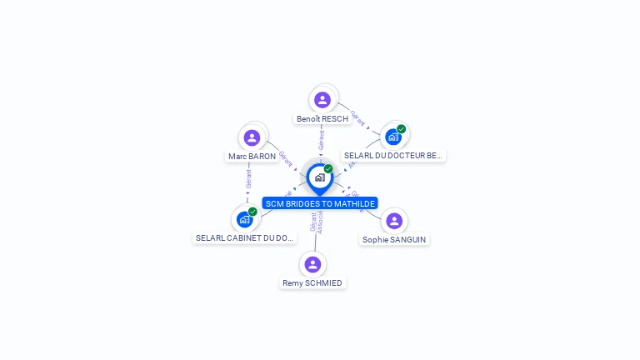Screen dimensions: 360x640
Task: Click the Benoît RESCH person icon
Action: coord(322,100)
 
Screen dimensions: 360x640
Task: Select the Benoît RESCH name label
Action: coord(322,119)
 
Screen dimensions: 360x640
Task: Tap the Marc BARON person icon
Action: coord(252,137)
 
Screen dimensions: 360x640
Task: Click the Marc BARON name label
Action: coord(252,157)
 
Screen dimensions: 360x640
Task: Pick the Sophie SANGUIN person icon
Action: coord(394,221)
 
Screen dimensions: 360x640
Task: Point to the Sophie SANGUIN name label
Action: coord(394,240)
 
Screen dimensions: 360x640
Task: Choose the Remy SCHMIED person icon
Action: coord(312,264)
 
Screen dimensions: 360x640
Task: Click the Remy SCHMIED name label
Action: coord(312,283)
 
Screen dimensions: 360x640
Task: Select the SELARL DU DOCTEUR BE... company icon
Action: coord(392,137)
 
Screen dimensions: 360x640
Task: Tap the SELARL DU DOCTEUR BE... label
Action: coord(393,156)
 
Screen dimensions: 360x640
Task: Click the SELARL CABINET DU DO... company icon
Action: coord(244,219)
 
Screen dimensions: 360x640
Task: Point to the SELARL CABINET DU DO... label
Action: coord(245,238)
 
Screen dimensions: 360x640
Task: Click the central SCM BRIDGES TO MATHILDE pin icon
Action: coord(319,177)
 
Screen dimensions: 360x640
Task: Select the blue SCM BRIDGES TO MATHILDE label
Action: coord(320,203)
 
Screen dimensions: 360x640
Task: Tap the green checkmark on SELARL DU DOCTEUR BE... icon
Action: coord(401,129)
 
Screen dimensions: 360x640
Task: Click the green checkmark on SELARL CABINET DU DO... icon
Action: coord(252,212)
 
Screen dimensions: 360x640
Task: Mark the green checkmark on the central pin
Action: coord(328,168)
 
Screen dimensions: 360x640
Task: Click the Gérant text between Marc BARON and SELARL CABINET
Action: coord(248,179)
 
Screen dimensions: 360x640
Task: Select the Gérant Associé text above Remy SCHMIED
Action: coord(317,222)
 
